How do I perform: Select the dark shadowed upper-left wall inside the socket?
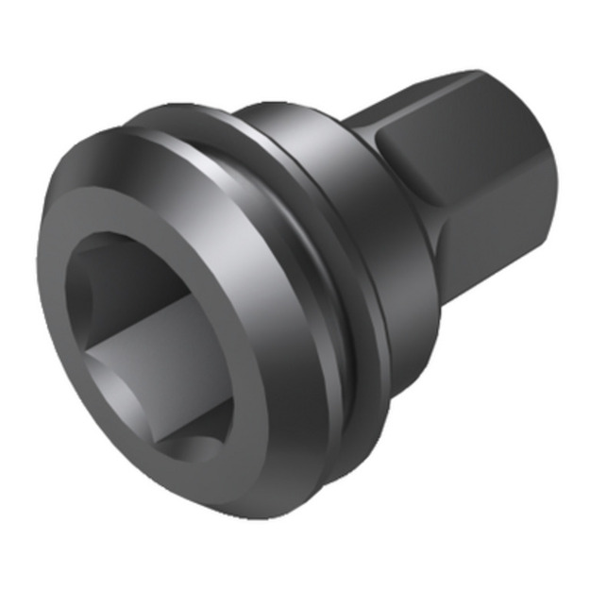(x=104, y=283)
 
